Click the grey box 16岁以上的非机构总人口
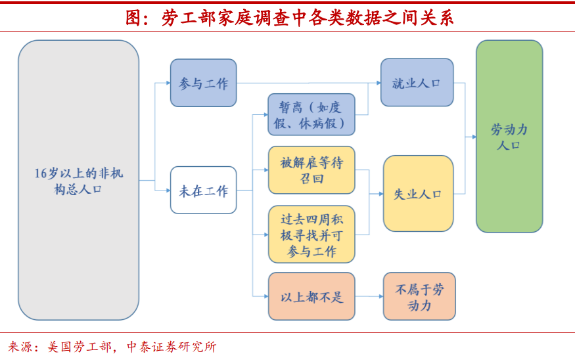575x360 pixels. coord(79,181)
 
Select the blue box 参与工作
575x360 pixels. coord(203,83)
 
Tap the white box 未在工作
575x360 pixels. coord(203,191)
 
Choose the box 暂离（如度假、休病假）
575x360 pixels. coord(311,115)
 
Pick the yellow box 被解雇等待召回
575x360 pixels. coord(311,170)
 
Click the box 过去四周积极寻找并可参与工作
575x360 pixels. coord(311,235)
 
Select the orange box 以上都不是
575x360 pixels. coord(311,296)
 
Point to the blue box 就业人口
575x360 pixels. coord(417,83)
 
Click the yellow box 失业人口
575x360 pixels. coord(418,194)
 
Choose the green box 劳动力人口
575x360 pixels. coord(509,137)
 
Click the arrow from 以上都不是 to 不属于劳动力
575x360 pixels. coord(369,296)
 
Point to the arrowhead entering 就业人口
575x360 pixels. coord(378,83)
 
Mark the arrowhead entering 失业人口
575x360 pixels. coord(380,194)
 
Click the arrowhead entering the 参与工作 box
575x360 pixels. coord(167,83)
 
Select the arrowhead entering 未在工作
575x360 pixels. coord(167,191)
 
